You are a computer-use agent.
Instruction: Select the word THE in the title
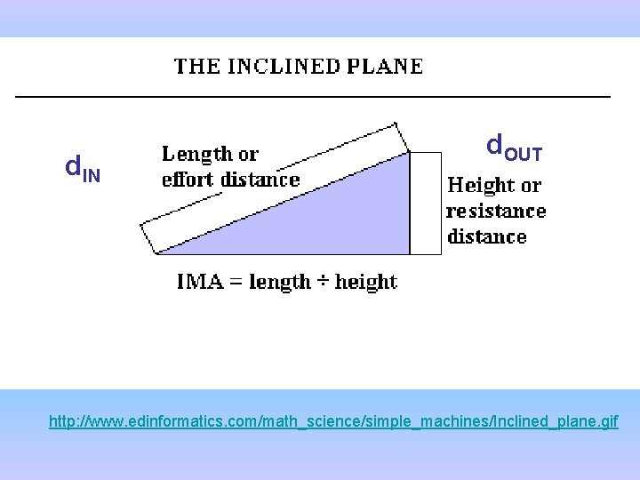point(194,67)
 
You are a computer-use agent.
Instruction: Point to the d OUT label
point(513,147)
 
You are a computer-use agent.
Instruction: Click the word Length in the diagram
point(196,154)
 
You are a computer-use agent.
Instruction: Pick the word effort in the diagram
point(188,180)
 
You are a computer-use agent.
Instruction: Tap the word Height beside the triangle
point(481,186)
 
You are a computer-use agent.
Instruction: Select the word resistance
point(496,211)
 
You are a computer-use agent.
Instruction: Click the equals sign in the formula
point(235,283)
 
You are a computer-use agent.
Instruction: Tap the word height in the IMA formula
point(365,282)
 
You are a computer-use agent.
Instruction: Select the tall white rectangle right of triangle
point(426,203)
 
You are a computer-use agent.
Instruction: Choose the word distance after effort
point(260,180)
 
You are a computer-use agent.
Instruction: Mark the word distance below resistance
point(487,236)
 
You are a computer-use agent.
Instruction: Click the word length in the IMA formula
point(279,282)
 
